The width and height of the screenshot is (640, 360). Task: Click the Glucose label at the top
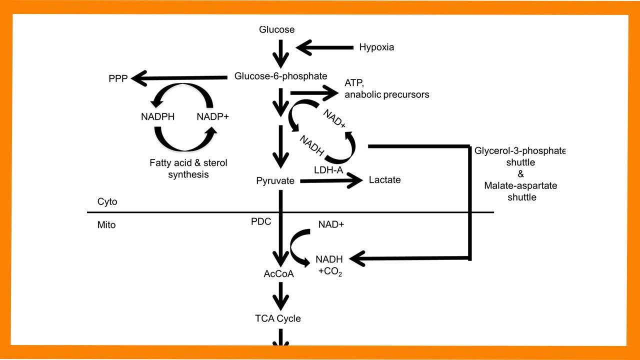coord(276,29)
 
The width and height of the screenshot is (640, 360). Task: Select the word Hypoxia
coord(376,47)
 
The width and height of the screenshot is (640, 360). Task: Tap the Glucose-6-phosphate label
coord(280,76)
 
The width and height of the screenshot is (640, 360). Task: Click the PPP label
coord(118,79)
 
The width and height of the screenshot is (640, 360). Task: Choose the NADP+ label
coord(212,117)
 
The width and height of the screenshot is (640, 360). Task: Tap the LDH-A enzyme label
coord(328,170)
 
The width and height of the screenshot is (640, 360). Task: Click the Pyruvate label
coord(274,180)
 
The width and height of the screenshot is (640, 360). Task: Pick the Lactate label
coord(384,179)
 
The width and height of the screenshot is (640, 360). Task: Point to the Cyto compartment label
coord(107,201)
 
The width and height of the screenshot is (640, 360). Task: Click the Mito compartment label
coord(106,225)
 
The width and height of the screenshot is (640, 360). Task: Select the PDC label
coord(261,221)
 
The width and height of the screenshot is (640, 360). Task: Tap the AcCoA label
coord(278,274)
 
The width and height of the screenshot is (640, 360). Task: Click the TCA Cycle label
coord(278,318)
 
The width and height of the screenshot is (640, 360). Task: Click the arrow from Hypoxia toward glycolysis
coord(325,48)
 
